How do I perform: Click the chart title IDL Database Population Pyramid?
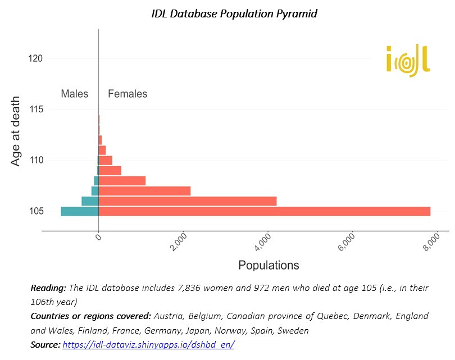pos(234,13)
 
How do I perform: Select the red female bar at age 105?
pos(264,211)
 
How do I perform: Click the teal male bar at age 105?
pos(79,211)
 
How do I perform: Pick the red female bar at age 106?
pos(187,201)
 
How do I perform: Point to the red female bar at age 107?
pos(144,191)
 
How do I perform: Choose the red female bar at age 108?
pos(122,181)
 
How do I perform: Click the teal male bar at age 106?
pos(90,201)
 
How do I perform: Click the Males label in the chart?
pos(75,94)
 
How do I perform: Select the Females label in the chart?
pos(128,94)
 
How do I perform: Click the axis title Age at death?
pos(17,132)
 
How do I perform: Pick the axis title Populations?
pos(269,265)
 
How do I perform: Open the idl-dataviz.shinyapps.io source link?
pos(148,345)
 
